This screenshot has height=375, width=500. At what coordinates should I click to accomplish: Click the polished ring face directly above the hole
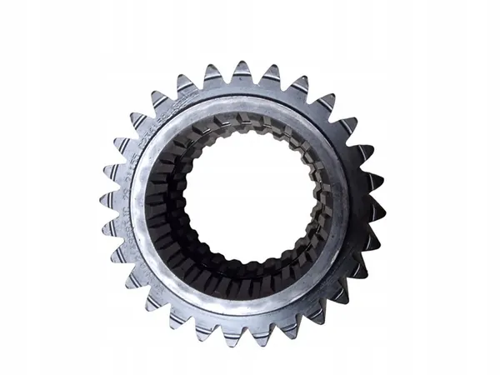tap(242, 105)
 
